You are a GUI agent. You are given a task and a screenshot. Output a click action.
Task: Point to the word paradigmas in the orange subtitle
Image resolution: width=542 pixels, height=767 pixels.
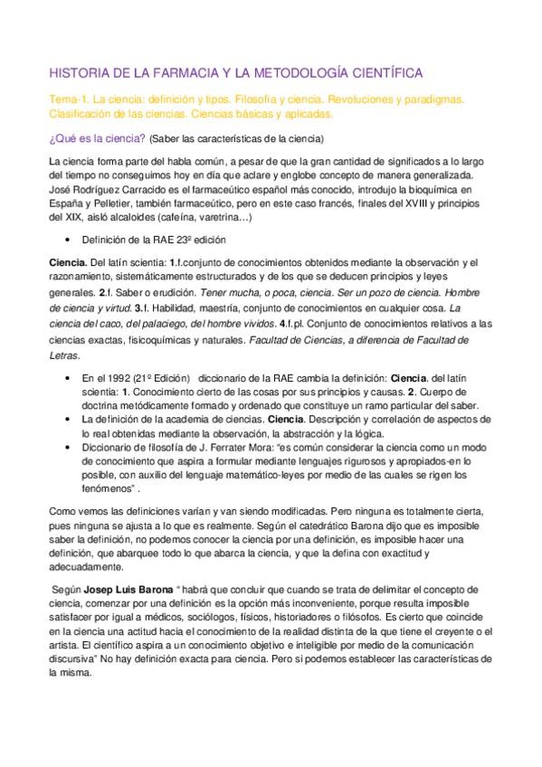[432, 99]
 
